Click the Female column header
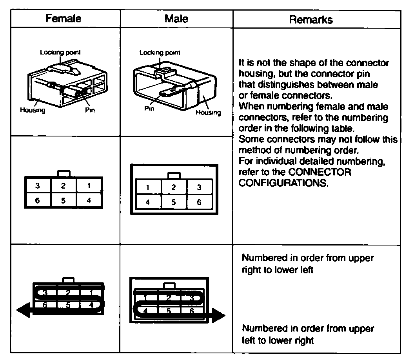(64, 18)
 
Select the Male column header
(176, 18)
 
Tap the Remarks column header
(311, 20)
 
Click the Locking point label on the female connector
(61, 52)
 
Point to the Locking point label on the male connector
(160, 53)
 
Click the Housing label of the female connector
(33, 110)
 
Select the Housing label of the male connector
(208, 113)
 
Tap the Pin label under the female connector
(90, 110)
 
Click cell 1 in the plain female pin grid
(89, 186)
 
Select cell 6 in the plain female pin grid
(37, 200)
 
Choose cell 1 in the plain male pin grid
(147, 187)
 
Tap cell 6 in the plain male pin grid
(199, 203)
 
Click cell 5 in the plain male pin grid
(173, 203)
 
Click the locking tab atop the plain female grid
(64, 174)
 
